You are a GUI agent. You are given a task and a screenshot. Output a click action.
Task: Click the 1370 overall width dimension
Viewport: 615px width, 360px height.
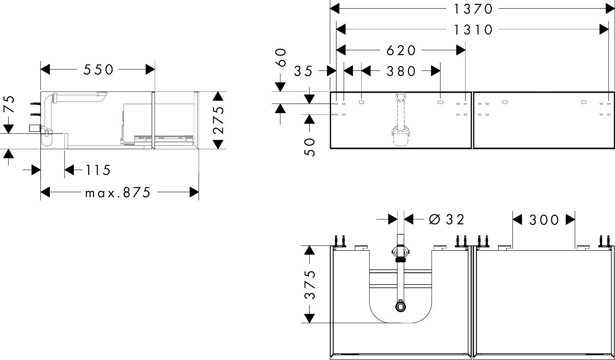pos(473,9)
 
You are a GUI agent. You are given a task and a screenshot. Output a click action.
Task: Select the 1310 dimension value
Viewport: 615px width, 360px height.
pos(473,30)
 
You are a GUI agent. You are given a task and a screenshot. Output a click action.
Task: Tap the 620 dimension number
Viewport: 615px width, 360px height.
pos(401,50)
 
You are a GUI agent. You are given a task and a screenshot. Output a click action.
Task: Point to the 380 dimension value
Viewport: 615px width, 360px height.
pos(401,71)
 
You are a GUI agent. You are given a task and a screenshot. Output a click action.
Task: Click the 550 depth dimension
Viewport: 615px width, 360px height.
pos(98,70)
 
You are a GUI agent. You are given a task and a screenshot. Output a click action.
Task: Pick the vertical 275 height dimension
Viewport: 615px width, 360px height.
pos(219,120)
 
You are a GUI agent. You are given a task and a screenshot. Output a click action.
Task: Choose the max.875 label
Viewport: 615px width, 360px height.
pos(118,192)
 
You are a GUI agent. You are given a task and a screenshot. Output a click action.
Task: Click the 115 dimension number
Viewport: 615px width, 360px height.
pos(98,170)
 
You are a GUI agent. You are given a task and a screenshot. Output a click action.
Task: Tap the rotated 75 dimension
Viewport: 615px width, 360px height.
pos(9,104)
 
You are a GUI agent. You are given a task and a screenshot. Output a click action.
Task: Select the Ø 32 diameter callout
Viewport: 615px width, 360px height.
pos(447,220)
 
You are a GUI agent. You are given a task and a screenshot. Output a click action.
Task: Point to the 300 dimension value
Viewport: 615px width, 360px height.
pos(544,220)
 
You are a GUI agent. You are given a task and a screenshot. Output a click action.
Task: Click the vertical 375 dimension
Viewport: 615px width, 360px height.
pos(310,284)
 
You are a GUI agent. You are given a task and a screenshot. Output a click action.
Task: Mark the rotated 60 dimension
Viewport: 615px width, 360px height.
pos(281,58)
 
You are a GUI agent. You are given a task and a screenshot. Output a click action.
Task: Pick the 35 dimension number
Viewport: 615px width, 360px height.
pos(303,71)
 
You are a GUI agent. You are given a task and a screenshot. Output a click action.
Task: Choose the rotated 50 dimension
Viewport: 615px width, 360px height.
pos(310,147)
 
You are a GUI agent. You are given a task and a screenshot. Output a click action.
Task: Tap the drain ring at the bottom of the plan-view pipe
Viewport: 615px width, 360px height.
pos(401,307)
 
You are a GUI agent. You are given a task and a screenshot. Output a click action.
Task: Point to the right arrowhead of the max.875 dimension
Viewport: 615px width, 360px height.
pos(194,192)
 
